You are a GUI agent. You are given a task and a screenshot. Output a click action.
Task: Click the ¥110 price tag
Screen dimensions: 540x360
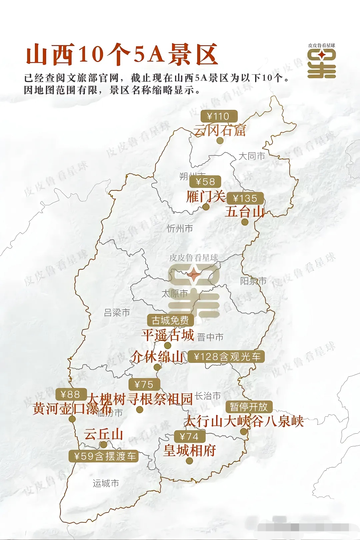coord(219,116)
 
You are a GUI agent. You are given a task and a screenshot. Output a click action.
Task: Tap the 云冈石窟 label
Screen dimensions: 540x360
coord(220,130)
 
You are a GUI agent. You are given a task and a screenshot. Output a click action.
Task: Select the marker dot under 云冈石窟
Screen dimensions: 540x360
coord(220,141)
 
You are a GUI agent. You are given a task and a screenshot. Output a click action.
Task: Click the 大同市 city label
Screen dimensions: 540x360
coord(252,156)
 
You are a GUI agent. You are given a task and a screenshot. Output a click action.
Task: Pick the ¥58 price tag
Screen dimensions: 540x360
coord(205,182)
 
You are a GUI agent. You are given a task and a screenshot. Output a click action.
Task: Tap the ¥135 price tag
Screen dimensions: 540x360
coord(245,198)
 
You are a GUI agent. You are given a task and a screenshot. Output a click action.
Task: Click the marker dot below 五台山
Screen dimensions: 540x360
coord(245,222)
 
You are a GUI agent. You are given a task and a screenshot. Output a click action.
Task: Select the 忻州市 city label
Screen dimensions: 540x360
coord(180,229)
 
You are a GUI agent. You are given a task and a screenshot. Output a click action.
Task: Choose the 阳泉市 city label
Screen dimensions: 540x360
coord(253,281)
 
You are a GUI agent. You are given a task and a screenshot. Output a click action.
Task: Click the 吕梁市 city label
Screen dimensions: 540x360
coord(117,313)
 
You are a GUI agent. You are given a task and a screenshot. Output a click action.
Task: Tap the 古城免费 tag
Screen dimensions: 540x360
coord(170,320)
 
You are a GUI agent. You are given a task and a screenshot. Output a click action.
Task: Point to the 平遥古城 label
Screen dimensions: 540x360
coord(167,335)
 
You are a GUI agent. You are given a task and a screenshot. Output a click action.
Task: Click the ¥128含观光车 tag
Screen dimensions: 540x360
coord(227,357)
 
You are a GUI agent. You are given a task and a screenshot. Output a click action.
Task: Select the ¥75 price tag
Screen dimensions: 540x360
coord(144,384)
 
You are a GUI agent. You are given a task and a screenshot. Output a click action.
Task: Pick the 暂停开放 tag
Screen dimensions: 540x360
coord(249,407)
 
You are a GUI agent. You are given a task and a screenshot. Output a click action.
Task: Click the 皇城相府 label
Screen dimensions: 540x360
coord(190,450)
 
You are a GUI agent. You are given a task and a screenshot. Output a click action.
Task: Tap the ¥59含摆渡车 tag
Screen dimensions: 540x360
coord(104,456)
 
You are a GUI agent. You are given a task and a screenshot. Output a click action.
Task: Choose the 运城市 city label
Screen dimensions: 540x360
coord(106,483)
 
